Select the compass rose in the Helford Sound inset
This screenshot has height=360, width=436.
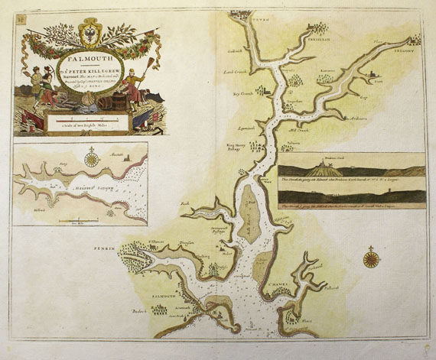(x=91, y=160)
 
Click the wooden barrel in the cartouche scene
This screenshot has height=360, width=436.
(x=106, y=102)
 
